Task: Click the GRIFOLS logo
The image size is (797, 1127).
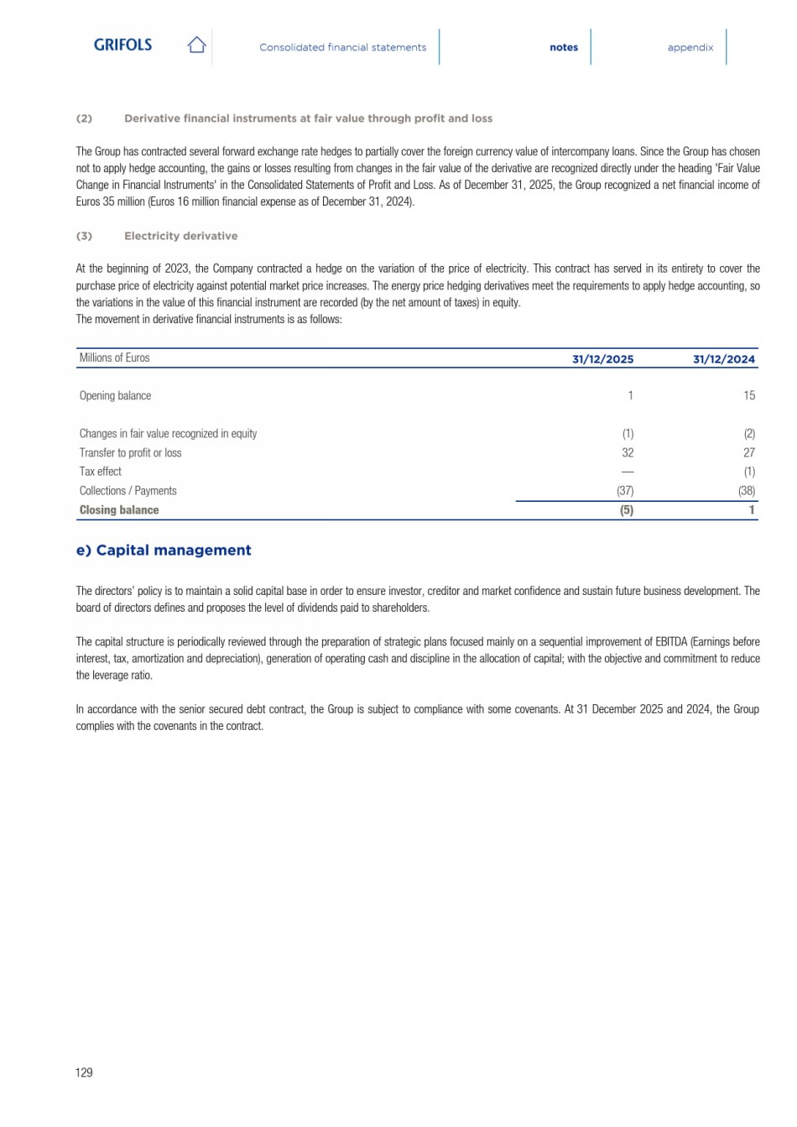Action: point(122,45)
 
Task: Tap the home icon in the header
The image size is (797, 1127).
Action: point(196,45)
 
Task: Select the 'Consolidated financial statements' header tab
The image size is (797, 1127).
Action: point(342,48)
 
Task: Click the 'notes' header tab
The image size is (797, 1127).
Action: point(564,48)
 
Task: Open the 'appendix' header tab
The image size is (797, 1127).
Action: point(690,48)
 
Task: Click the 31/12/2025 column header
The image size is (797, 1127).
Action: point(602,359)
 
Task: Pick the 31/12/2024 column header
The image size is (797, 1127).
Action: point(723,359)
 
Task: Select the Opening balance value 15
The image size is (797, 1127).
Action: point(748,395)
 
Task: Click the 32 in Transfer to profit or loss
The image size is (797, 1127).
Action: point(628,452)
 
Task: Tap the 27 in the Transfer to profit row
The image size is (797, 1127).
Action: point(748,452)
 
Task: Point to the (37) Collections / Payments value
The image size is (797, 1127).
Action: point(625,491)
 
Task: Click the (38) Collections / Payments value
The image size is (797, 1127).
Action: point(746,491)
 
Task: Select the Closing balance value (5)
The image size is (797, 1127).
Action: point(626,510)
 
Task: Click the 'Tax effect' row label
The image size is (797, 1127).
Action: point(101,472)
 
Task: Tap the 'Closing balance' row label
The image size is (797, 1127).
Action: point(119,510)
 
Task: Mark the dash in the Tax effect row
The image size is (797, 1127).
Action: point(628,472)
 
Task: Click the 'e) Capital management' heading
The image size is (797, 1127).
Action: point(164,550)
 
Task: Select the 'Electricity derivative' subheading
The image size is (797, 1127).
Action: point(180,237)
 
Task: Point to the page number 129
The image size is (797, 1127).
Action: point(84,1072)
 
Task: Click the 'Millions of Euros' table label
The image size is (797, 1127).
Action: point(114,358)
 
